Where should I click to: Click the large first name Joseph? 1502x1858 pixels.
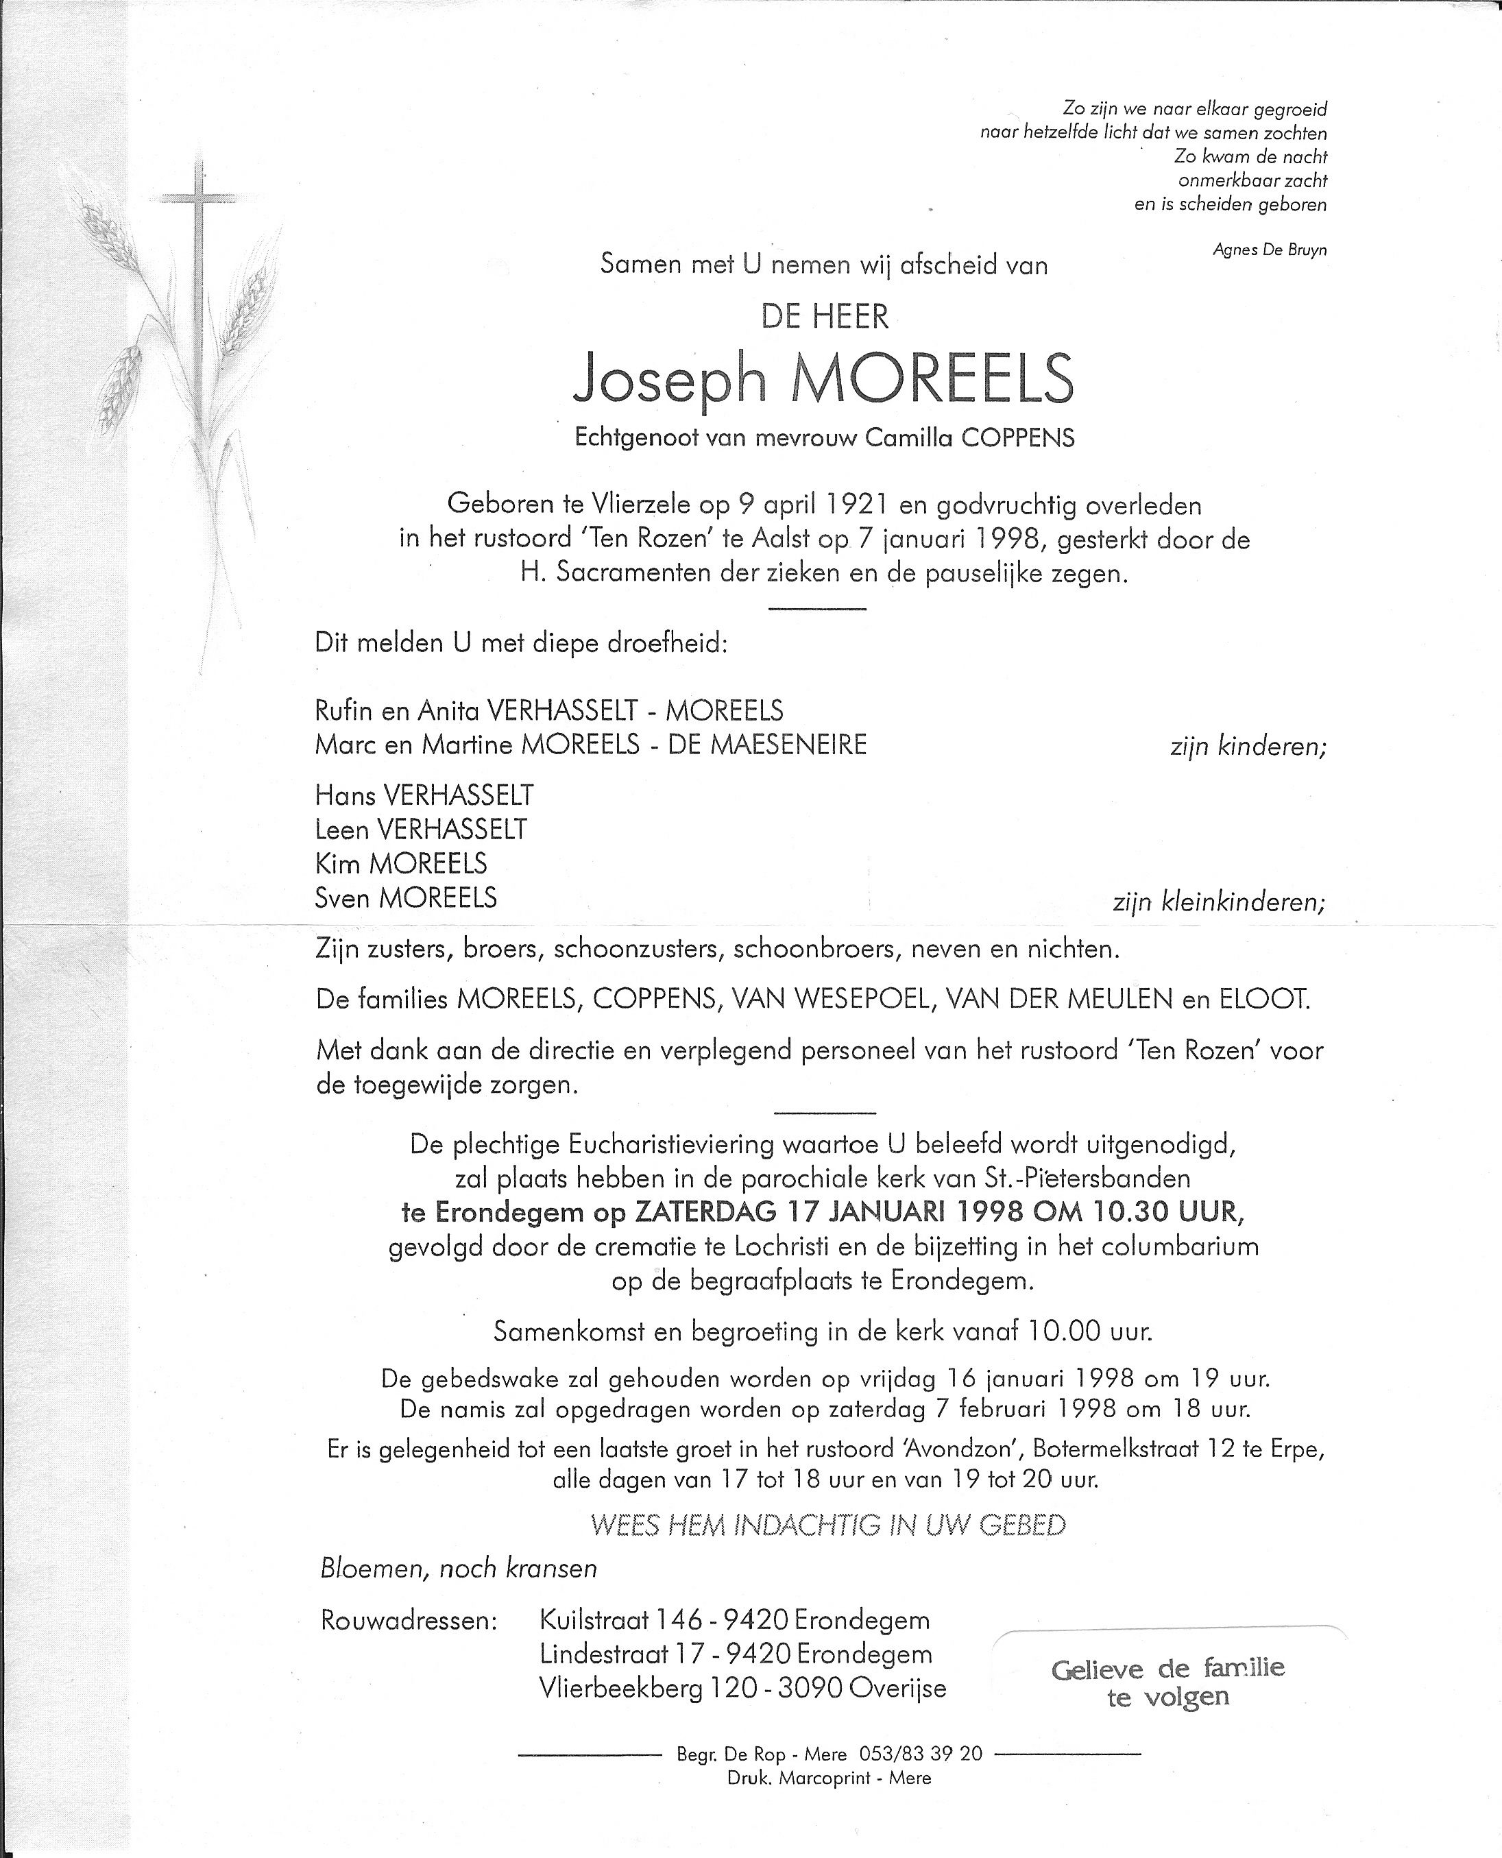point(670,379)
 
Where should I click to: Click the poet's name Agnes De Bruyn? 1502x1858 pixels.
point(1269,250)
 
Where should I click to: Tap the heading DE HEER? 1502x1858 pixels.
point(825,317)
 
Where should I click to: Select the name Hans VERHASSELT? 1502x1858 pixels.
point(424,795)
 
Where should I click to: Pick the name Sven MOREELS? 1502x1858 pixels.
point(406,897)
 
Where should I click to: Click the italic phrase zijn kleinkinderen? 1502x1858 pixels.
point(1218,903)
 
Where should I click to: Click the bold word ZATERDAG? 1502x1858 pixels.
point(705,1211)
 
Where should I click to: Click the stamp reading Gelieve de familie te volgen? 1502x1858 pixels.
point(1167,1682)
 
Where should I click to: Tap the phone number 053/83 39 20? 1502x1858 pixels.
point(921,1754)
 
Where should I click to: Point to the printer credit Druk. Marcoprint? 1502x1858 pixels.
point(829,1778)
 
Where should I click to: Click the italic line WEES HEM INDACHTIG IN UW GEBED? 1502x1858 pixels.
point(827,1525)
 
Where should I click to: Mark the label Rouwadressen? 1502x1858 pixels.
point(409,1620)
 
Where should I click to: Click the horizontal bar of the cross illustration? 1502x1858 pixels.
point(199,199)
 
